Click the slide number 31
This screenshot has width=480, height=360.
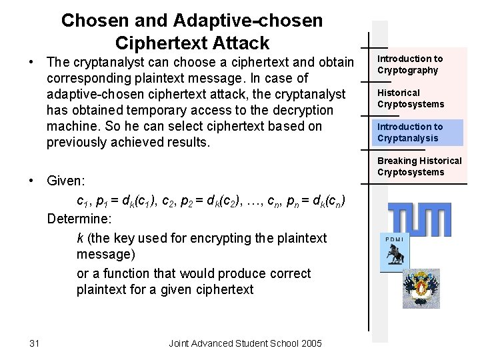(x=35, y=343)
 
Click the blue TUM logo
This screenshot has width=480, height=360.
(x=419, y=219)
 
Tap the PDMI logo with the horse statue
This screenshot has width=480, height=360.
(x=395, y=253)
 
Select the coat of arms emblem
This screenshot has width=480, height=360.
(x=421, y=289)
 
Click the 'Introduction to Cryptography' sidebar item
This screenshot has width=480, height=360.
(x=410, y=65)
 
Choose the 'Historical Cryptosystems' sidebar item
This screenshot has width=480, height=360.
(x=410, y=98)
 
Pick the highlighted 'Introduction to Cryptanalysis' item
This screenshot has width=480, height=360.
(x=410, y=132)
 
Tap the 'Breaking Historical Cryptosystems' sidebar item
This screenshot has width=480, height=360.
(x=419, y=166)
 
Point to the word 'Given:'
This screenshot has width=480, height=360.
(x=67, y=181)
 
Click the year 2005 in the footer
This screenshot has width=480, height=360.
(x=311, y=343)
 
